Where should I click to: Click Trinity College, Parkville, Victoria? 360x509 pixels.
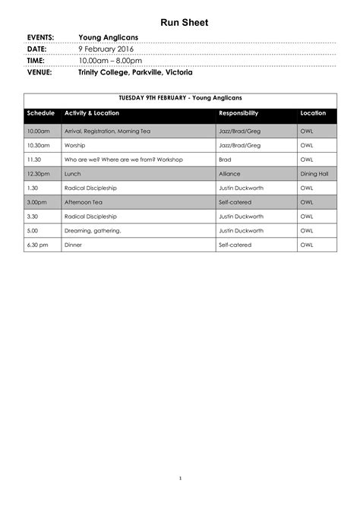tap(135, 73)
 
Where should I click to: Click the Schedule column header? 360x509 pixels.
tap(41, 113)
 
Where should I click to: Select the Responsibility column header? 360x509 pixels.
tap(238, 113)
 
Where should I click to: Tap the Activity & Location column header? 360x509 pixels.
tap(92, 113)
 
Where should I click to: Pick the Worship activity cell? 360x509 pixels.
tap(75, 145)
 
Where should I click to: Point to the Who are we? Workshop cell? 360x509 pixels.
tap(124, 160)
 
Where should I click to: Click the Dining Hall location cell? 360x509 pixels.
tap(314, 174)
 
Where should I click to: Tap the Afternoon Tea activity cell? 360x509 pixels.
tap(84, 202)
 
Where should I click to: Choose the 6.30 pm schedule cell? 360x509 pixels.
tap(37, 245)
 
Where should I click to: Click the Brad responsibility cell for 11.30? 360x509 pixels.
tap(225, 160)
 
